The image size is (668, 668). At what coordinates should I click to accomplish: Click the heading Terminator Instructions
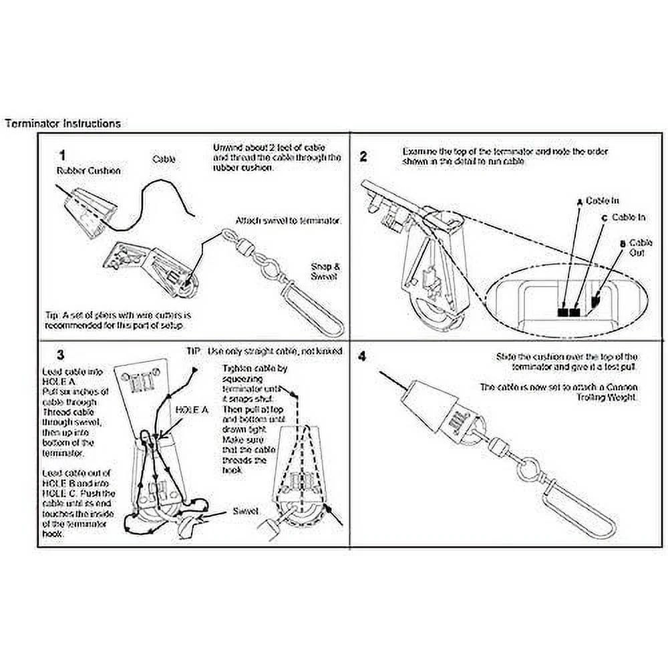click(x=63, y=124)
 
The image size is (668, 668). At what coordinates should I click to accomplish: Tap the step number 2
click(x=363, y=158)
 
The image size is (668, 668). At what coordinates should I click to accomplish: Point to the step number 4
click(x=363, y=356)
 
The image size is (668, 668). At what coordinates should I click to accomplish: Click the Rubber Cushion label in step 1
click(x=88, y=171)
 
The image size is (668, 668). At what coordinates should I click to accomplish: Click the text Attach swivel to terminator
click(x=289, y=220)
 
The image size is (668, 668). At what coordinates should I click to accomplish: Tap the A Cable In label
click(x=599, y=200)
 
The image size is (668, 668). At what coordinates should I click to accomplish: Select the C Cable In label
click(x=625, y=217)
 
